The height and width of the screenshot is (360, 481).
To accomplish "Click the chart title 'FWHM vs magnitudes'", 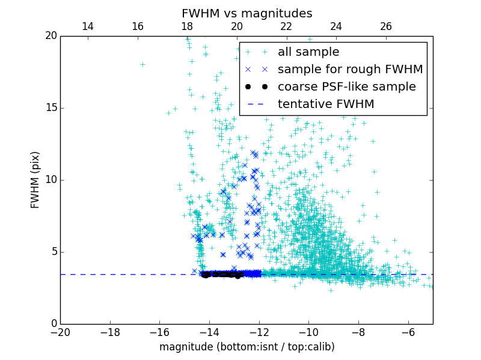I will pyautogui.click(x=247, y=13).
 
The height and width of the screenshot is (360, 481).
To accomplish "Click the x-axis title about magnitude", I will pyautogui.click(x=247, y=347).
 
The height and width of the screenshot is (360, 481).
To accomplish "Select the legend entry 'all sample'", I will pyautogui.click(x=308, y=52).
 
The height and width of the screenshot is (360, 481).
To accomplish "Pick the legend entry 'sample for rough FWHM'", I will pyautogui.click(x=350, y=70).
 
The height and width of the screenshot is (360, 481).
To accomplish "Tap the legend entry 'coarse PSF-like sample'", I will pyautogui.click(x=346, y=87).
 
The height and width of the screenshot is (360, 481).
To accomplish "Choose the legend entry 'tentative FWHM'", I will pyautogui.click(x=325, y=104).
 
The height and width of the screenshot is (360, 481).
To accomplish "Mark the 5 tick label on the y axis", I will pyautogui.click(x=53, y=252).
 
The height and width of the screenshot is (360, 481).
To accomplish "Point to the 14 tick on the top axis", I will pyautogui.click(x=87, y=26).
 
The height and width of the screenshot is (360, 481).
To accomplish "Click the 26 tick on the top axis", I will pyautogui.click(x=386, y=26).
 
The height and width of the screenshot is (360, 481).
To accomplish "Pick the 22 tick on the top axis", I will pyautogui.click(x=286, y=26).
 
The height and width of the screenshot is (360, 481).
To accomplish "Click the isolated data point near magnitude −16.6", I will pyautogui.click(x=142, y=64).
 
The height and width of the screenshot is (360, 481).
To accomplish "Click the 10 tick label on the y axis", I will pyautogui.click(x=50, y=180).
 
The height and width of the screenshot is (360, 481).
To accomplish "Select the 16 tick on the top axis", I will pyautogui.click(x=137, y=26).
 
